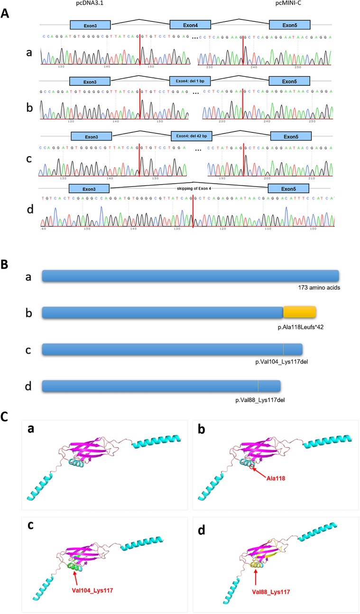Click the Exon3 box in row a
point(90,25)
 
